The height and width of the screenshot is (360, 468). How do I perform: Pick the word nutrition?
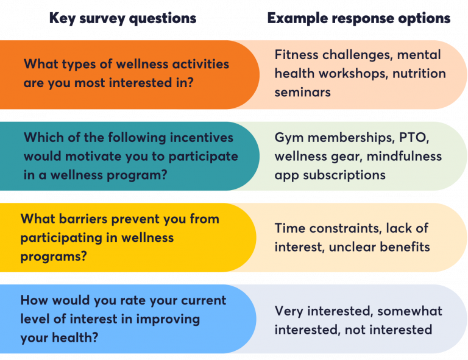point(419,74)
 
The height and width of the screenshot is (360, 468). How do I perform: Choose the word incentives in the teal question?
point(194,138)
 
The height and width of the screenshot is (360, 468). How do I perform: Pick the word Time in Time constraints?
point(290,228)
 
